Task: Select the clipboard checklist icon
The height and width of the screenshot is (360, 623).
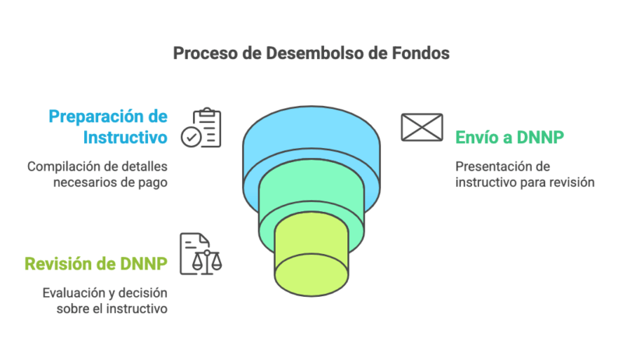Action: pos(201,128)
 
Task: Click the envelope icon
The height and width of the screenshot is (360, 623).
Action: pos(421,127)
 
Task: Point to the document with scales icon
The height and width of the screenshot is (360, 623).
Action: pos(199,253)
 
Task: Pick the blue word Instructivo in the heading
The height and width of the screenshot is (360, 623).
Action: pos(125,139)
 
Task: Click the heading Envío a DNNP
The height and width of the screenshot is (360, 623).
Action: pos(509,138)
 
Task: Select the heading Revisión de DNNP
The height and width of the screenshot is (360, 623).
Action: pos(96,263)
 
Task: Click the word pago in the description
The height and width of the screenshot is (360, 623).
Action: pos(153,183)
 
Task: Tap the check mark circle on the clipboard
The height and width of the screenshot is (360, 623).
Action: pos(190,138)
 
